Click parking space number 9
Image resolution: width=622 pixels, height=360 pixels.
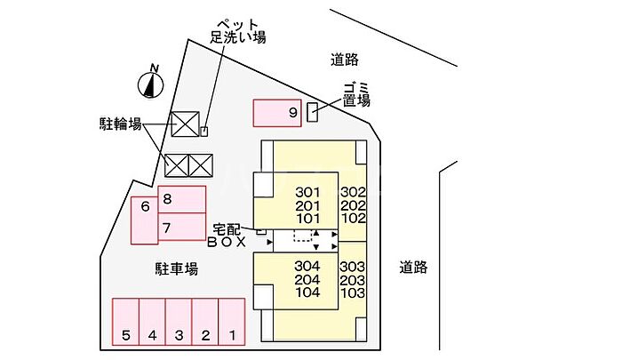point(277,113)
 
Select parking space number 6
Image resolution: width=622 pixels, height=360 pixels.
point(145,220)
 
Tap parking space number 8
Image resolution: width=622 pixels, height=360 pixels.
point(182,199)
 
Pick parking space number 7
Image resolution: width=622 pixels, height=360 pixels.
point(182,227)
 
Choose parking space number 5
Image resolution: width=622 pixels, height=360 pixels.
point(126,322)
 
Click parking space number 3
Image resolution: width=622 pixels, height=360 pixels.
point(179,322)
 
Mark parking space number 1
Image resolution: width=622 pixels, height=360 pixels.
point(232,322)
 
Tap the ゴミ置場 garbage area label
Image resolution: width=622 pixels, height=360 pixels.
point(356,94)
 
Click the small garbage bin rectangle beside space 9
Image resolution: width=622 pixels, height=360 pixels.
point(313,112)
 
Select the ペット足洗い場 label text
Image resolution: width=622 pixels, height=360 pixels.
point(237,31)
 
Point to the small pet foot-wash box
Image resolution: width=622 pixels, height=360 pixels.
point(203,132)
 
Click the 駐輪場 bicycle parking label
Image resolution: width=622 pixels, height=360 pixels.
point(120,124)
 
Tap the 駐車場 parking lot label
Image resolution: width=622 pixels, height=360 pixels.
point(176,269)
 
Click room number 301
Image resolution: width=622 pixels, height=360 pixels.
point(307,193)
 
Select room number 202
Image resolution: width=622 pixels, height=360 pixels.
point(353,205)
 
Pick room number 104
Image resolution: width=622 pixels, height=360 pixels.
point(307,292)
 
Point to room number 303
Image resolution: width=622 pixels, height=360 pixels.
point(352,267)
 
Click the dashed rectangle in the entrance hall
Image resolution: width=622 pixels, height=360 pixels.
point(303,236)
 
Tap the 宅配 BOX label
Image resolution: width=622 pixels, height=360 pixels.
point(227,236)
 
